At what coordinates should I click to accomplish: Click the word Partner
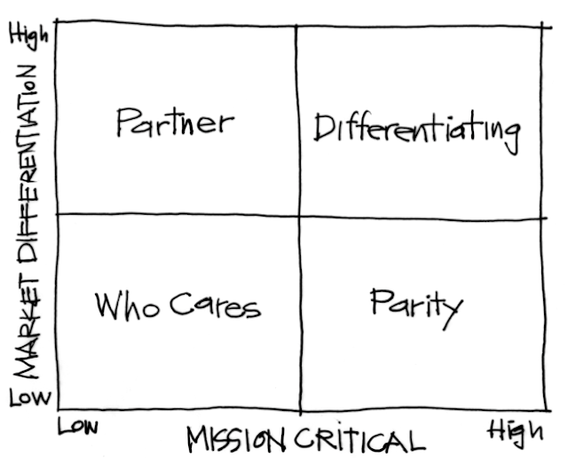175,122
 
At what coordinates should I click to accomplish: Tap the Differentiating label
415,130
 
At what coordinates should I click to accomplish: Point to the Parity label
415,304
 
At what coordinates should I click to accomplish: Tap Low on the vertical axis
28,399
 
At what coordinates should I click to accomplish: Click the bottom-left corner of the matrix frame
57,411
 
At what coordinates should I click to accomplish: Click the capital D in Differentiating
324,130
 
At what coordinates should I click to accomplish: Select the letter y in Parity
453,310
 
